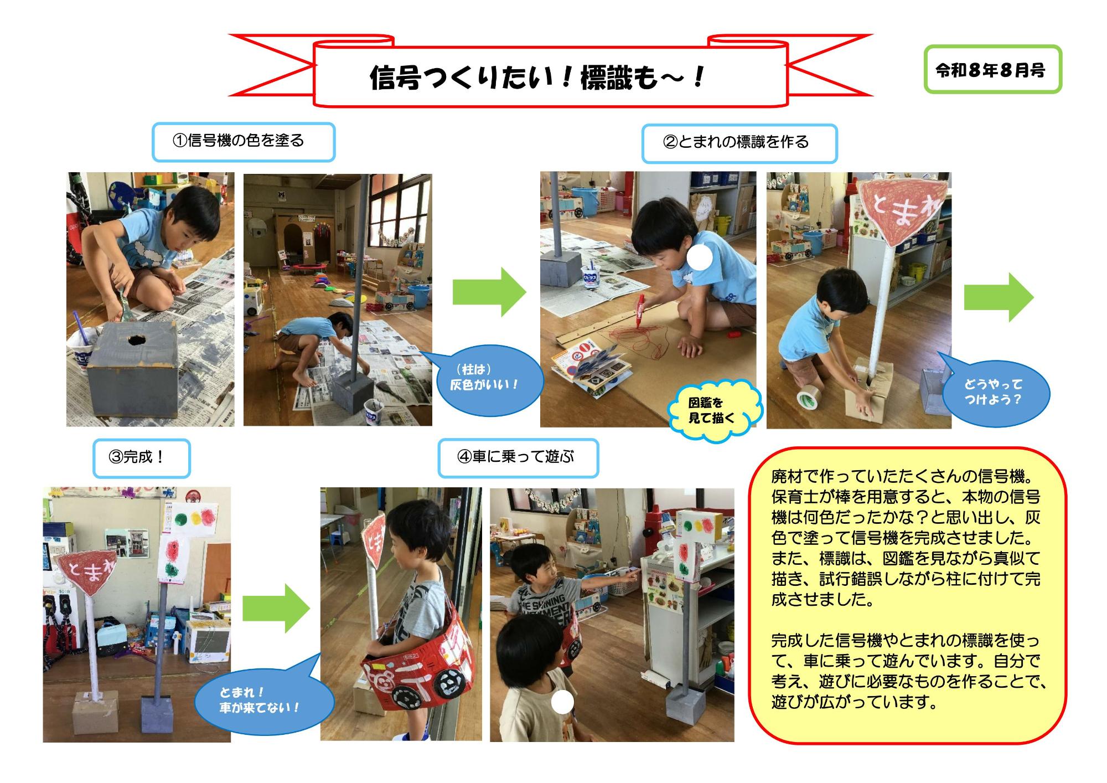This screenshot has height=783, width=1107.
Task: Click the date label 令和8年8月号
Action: [x=993, y=69]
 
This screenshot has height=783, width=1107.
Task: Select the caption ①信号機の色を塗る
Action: [x=244, y=142]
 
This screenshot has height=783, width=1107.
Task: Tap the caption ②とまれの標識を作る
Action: [x=739, y=143]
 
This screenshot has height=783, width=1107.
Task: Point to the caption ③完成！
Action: [x=141, y=458]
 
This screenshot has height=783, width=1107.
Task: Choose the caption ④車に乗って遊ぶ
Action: [x=518, y=457]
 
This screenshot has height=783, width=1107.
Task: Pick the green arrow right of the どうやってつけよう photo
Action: [x=999, y=297]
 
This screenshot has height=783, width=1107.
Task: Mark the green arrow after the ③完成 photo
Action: [x=276, y=607]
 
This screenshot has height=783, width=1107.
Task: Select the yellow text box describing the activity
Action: [x=907, y=595]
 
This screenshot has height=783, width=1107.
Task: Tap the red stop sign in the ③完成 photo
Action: [x=87, y=572]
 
